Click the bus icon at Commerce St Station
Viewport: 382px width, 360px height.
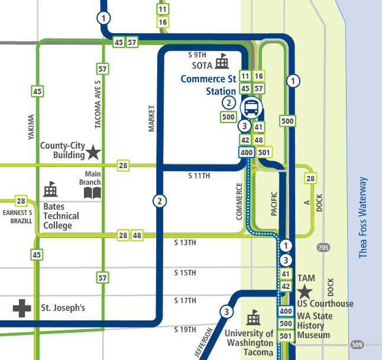[252, 108]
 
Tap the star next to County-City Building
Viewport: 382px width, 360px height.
[93, 153]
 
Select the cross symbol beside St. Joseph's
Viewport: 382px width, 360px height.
[22, 308]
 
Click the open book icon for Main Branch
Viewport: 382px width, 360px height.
[92, 192]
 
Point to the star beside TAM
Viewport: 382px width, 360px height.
[305, 291]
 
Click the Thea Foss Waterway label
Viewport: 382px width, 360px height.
[363, 217]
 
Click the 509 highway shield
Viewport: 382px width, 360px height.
[357, 345]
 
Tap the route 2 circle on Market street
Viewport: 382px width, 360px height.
[159, 201]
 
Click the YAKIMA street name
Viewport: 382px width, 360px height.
[31, 127]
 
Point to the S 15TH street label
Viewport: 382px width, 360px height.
[185, 272]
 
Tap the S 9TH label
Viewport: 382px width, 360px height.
[197, 54]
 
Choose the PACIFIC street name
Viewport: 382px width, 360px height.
[274, 204]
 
